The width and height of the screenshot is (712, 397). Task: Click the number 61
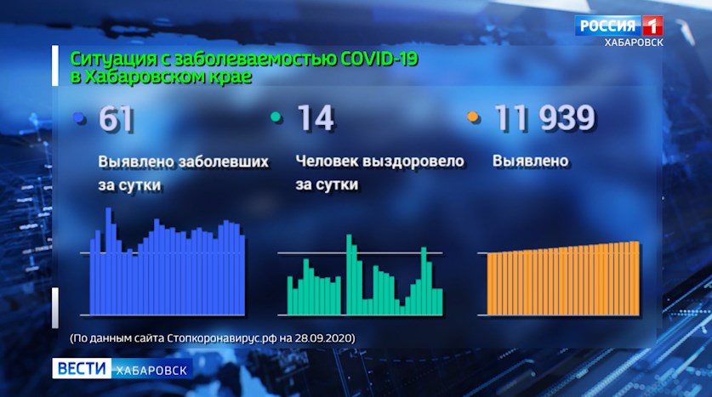117,119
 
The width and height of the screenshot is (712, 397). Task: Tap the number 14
316,118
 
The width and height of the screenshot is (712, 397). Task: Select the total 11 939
544,118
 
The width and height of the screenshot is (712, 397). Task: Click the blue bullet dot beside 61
80,118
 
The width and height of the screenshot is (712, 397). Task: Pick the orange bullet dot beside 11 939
473,117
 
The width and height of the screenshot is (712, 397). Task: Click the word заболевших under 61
223,162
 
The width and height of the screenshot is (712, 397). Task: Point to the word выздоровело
413,162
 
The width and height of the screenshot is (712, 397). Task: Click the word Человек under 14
327,161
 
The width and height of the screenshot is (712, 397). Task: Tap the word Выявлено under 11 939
530,161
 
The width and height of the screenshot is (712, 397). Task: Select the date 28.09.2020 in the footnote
324,338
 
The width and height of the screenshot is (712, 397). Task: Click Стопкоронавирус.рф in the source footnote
221,338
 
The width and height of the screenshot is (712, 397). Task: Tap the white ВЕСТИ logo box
82,368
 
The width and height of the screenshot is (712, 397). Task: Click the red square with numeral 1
652,26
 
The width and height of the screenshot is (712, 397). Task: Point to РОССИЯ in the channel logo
608,26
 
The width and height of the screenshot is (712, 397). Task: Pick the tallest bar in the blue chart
109,261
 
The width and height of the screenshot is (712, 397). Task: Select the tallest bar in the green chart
349,275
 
